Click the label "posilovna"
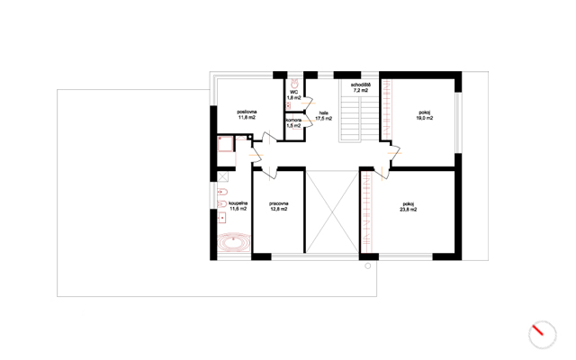(247, 112)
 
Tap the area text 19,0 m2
(424, 118)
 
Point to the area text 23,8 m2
(408, 210)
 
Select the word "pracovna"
(278, 203)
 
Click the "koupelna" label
(238, 203)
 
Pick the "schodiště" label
(360, 85)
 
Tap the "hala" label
(324, 113)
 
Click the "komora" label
(294, 120)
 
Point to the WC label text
(294, 92)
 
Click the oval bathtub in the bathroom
(234, 242)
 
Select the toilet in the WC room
(294, 83)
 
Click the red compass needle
(538, 329)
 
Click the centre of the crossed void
(332, 212)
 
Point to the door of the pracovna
(270, 173)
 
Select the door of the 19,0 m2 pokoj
(394, 153)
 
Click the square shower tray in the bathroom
(225, 144)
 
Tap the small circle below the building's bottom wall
(368, 266)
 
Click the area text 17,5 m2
(324, 119)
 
